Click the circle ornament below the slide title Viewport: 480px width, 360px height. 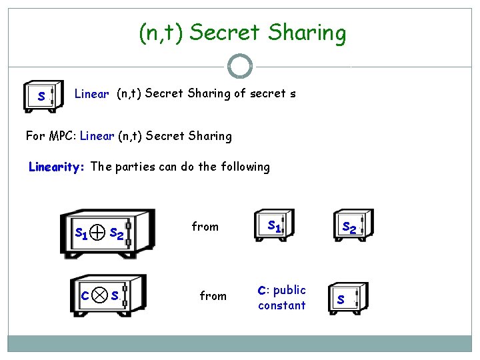[x=240, y=66]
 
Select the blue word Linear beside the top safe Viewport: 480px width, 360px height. [x=91, y=94]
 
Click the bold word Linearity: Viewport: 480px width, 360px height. [x=57, y=167]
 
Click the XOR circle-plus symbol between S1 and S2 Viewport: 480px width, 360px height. [x=97, y=232]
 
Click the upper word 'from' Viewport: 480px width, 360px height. [x=205, y=227]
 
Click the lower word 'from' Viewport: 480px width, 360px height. [x=213, y=295]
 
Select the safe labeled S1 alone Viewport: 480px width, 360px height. [x=273, y=227]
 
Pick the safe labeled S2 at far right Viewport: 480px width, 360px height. [x=349, y=227]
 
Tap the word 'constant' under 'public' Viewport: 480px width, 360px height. [x=281, y=305]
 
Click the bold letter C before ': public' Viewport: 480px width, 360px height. [x=262, y=290]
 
